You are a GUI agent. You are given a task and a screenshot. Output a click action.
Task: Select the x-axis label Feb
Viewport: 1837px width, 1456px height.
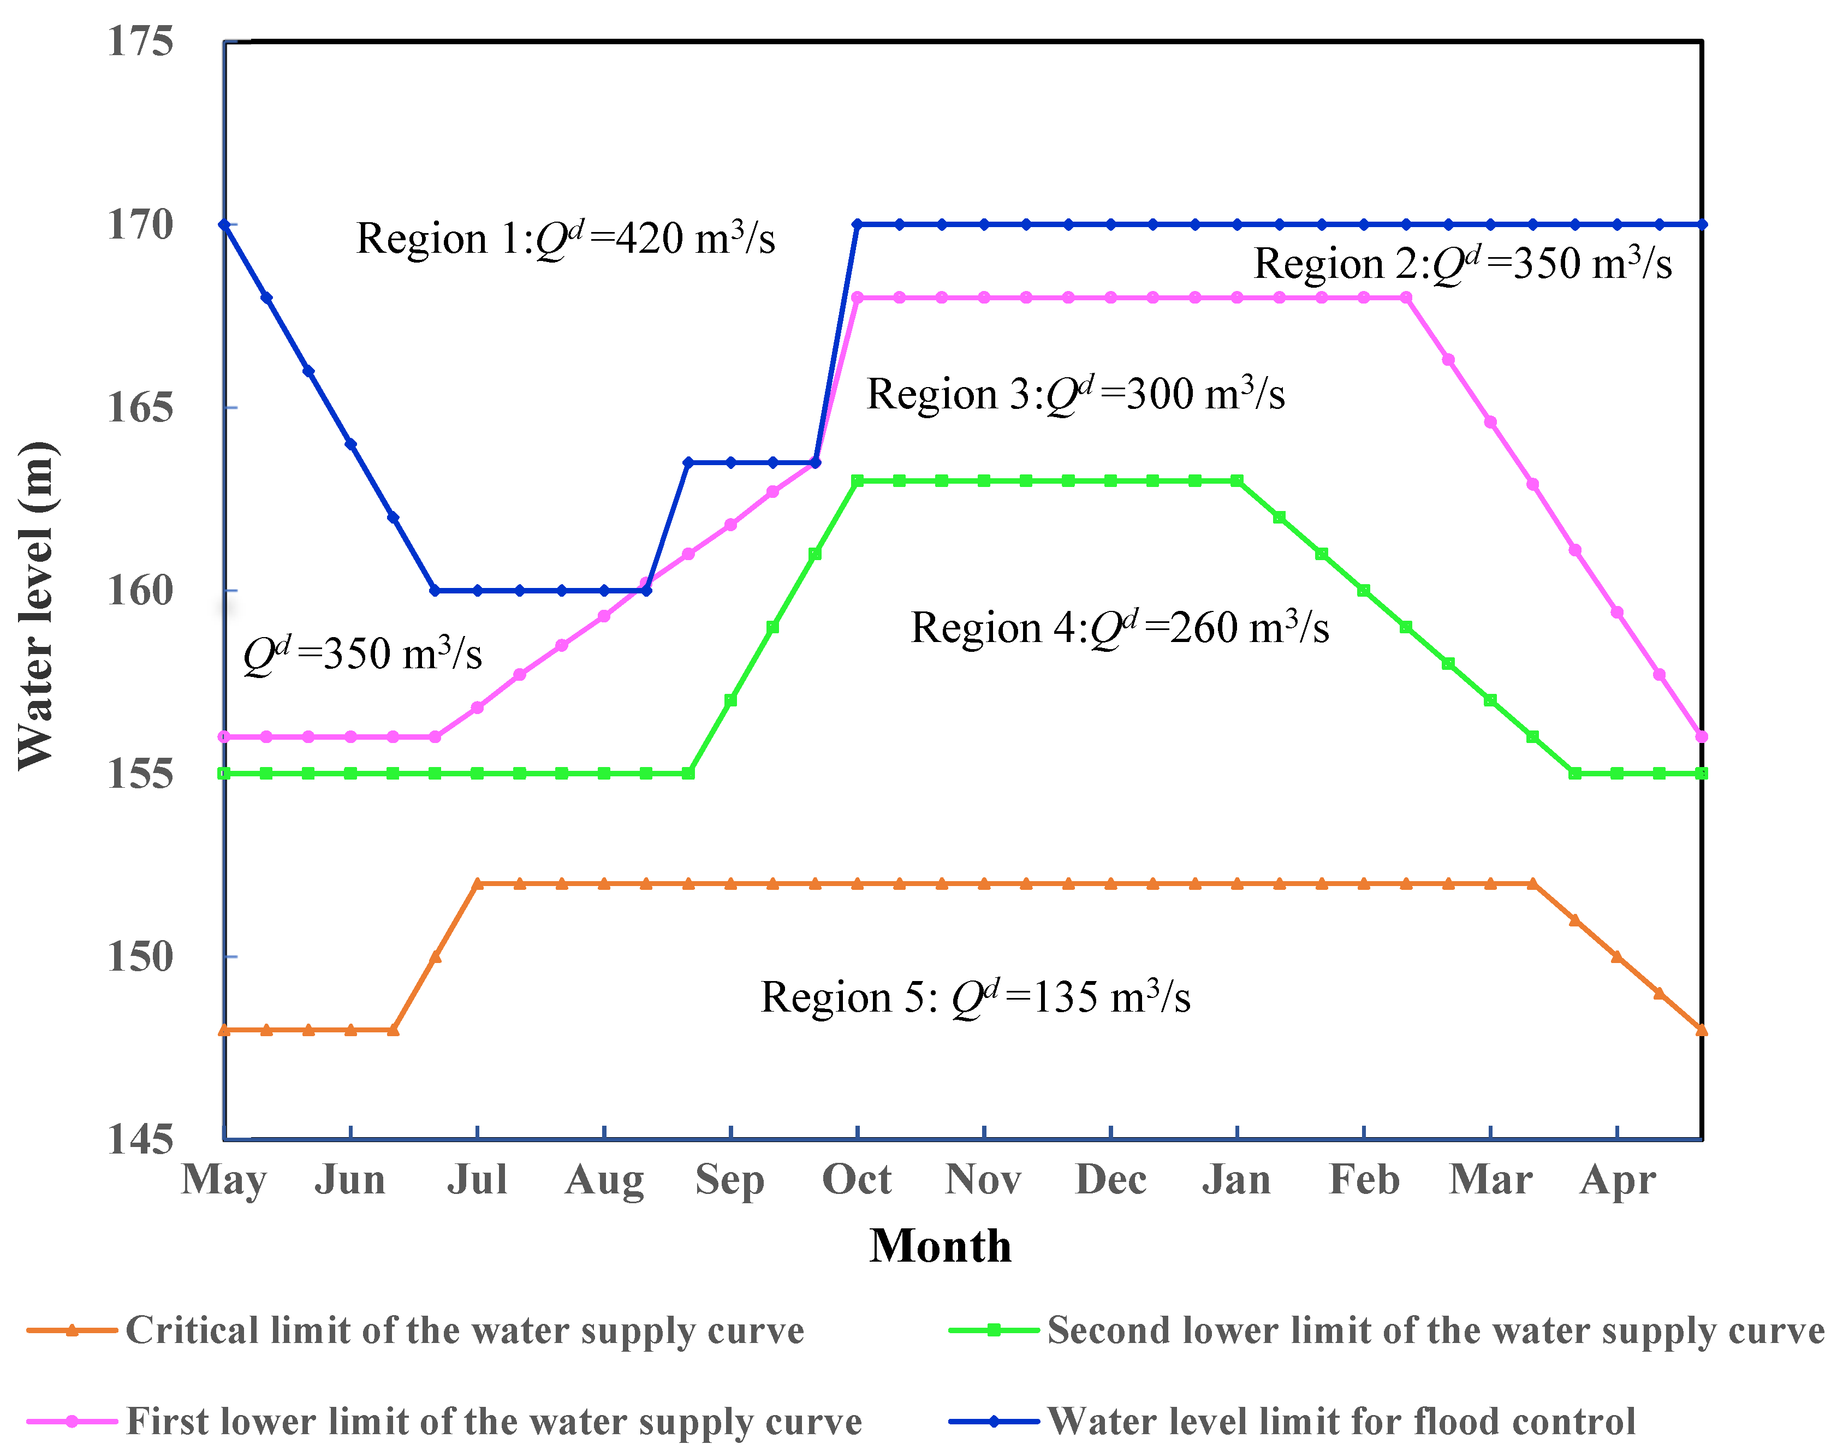pos(1364,1180)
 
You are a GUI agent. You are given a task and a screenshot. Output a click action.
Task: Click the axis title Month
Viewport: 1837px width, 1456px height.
pos(940,1246)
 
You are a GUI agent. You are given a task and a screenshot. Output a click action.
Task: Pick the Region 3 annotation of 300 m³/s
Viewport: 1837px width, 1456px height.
pos(1075,394)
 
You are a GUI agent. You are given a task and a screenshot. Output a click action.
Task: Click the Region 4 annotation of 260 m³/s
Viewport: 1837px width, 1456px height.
pos(1120,628)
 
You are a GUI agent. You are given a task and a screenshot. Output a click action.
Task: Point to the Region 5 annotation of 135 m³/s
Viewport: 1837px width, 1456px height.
pos(975,997)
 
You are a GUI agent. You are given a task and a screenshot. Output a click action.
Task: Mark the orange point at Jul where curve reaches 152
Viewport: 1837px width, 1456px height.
pos(477,883)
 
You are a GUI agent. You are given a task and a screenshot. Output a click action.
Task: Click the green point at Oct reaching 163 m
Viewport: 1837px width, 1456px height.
pos(857,480)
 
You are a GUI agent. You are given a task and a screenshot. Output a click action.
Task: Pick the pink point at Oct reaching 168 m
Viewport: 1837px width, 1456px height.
pos(857,298)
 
